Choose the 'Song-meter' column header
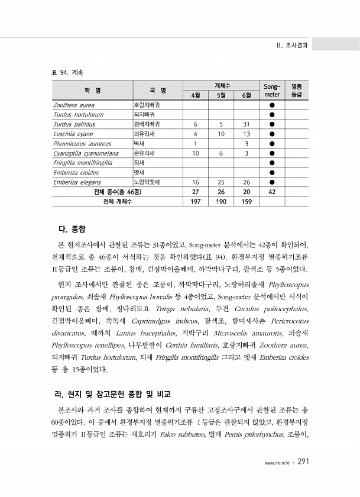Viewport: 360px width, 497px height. click(x=272, y=90)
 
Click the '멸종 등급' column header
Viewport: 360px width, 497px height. click(x=296, y=90)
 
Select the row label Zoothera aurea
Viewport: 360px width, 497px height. click(x=70, y=105)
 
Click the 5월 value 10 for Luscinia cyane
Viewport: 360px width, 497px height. click(x=220, y=134)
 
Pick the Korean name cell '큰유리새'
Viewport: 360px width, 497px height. click(x=144, y=153)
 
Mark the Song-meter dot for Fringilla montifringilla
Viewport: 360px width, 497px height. click(x=272, y=163)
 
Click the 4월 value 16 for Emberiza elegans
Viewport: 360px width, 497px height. click(x=195, y=182)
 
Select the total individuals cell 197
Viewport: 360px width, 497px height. click(x=195, y=202)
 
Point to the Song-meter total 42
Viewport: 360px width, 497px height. click(x=272, y=192)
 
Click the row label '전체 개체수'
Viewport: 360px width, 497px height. click(x=117, y=202)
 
